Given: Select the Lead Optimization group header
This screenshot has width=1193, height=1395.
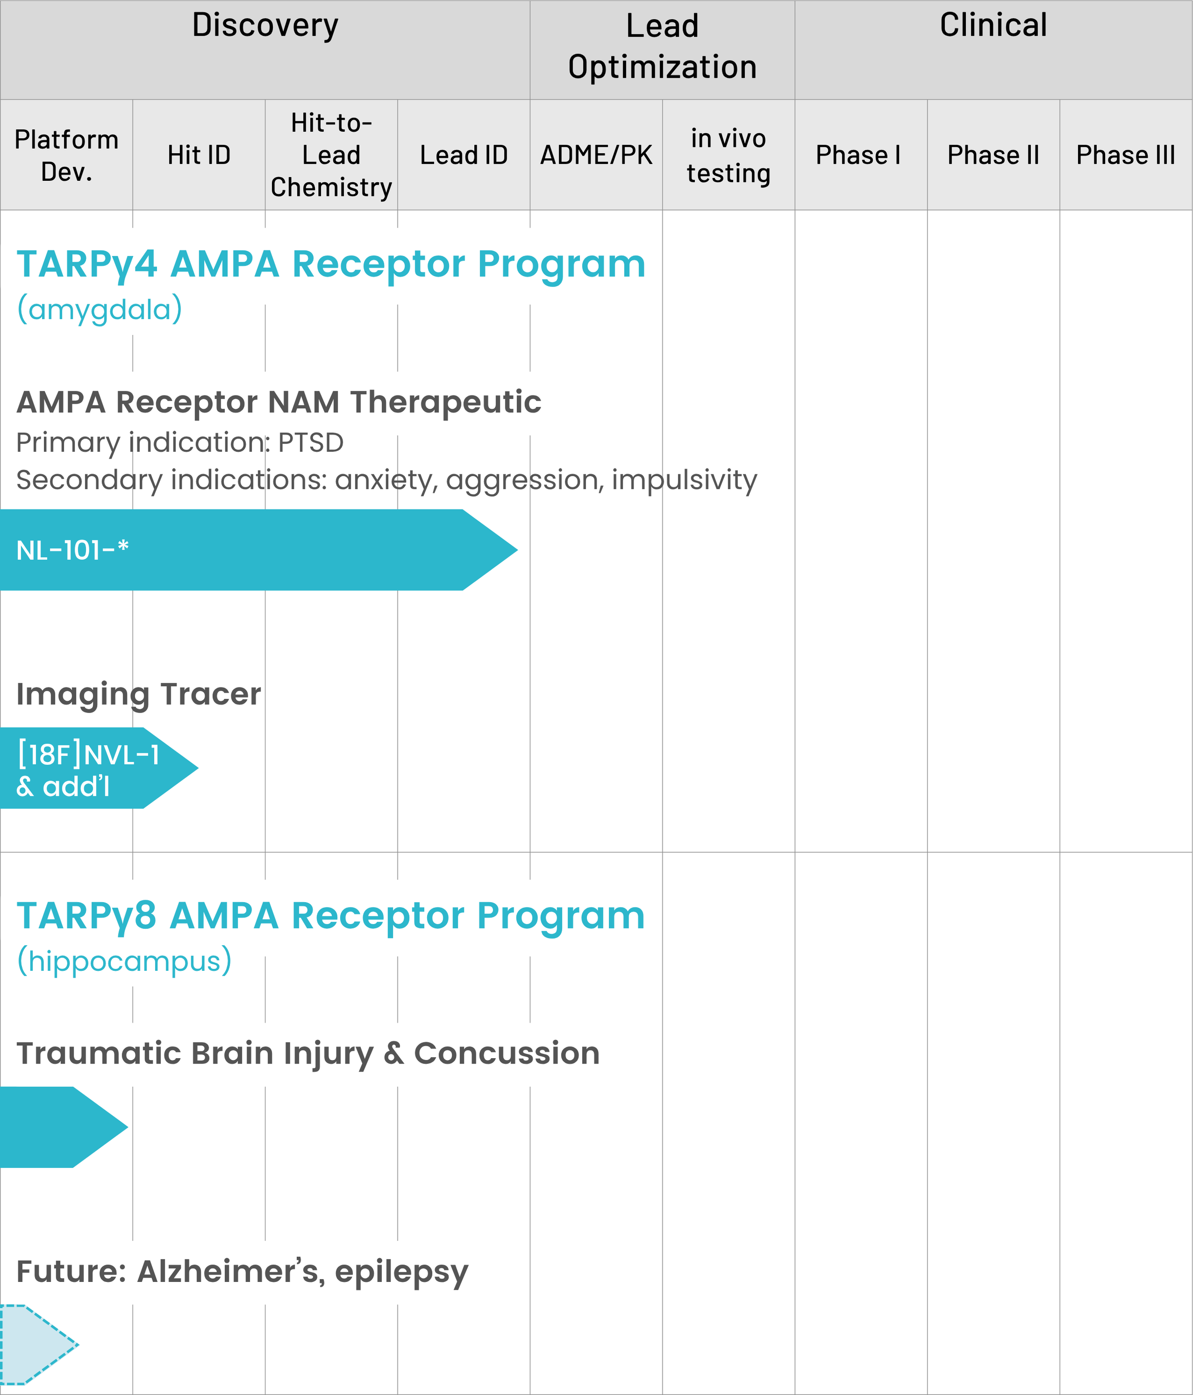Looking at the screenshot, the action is [x=662, y=47].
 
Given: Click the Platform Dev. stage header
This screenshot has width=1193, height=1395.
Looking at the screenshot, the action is [x=66, y=156].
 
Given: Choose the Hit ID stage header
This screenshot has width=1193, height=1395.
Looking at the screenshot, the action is [x=199, y=156].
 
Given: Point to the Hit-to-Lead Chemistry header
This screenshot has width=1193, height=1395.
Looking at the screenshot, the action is [x=331, y=156].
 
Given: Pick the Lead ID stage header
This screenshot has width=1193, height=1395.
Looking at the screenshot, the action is [x=463, y=156].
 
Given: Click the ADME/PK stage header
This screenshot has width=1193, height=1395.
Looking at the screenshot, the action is [x=596, y=156].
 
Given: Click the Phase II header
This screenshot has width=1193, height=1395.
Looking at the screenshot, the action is [x=993, y=156].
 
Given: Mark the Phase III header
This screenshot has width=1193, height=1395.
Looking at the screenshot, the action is [x=1125, y=156].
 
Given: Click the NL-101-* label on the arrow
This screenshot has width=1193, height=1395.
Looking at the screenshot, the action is [x=72, y=550].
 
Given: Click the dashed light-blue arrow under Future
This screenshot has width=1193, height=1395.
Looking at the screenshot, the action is [x=34, y=1344].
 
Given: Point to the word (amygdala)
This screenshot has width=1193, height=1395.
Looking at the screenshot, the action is [x=99, y=309].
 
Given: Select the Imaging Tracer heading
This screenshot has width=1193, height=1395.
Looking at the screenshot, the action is [x=138, y=694].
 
